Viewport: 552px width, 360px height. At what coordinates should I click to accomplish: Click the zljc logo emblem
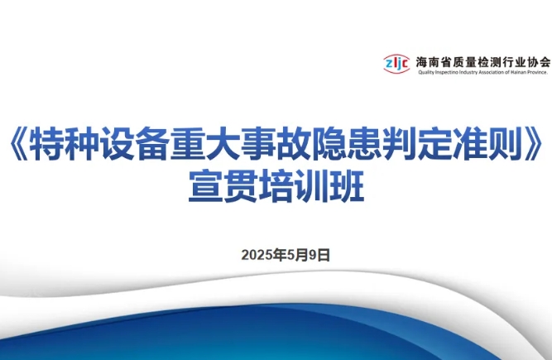tap(396, 64)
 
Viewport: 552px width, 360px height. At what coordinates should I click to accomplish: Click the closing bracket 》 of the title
tap(532, 145)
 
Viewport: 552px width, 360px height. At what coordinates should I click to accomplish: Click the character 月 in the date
tap(303, 255)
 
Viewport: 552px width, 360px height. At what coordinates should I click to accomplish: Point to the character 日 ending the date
tap(324, 255)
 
